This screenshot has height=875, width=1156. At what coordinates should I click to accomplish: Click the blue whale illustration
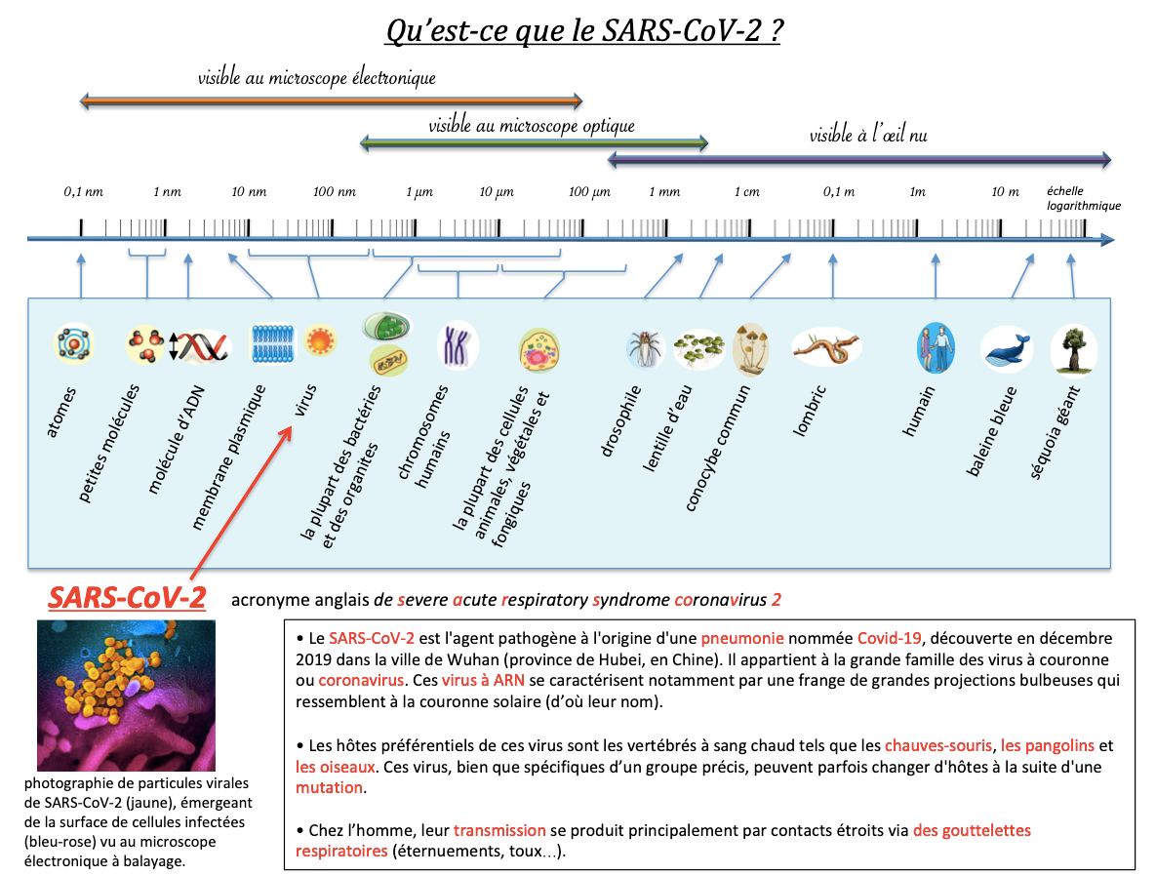tap(1007, 348)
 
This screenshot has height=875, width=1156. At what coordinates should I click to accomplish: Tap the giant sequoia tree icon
tap(1073, 348)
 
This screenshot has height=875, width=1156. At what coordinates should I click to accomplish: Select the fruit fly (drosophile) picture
tap(646, 348)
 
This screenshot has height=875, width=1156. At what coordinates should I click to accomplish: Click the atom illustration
tap(74, 343)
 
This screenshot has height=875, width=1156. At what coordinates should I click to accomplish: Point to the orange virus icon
tap(320, 340)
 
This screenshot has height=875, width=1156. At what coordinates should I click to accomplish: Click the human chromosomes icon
tap(458, 346)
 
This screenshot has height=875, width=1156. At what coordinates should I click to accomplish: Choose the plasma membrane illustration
tap(273, 343)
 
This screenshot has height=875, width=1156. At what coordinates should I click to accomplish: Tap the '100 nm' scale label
tap(334, 191)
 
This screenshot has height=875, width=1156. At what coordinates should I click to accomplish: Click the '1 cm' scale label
tap(747, 191)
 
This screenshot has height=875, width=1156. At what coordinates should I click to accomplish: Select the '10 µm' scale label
tap(497, 191)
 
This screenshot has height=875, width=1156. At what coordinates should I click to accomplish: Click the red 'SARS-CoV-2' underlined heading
tap(127, 598)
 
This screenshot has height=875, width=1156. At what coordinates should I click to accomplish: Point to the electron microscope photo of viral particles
tap(126, 696)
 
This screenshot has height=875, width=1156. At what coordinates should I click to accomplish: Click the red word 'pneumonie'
tap(741, 638)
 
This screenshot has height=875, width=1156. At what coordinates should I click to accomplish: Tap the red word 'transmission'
tap(499, 830)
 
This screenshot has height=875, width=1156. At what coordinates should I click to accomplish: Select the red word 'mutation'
tap(329, 787)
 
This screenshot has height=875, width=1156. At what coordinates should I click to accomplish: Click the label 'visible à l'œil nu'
tap(868, 135)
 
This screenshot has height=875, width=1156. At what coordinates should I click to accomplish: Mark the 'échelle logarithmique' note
tap(1083, 198)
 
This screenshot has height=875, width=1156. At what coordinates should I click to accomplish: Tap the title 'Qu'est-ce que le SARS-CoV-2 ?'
tap(584, 31)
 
